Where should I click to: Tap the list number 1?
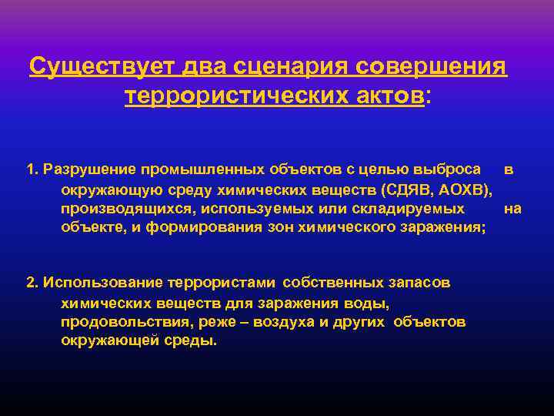[x=31, y=169]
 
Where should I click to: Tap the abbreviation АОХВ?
[x=461, y=189]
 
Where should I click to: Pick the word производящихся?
[x=118, y=209]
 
